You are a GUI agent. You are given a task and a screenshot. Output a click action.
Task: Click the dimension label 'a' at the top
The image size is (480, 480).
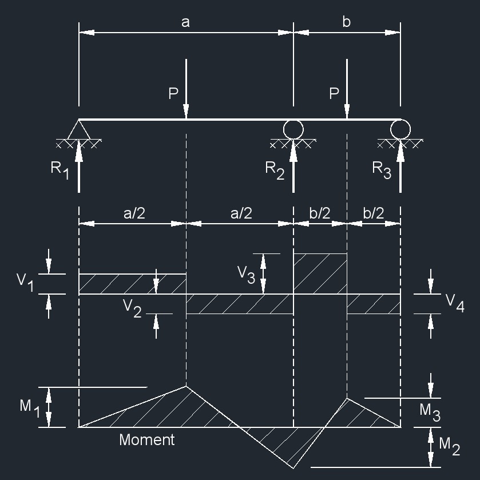(185, 22)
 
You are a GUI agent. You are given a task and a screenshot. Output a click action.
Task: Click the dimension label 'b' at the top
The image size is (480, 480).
(346, 22)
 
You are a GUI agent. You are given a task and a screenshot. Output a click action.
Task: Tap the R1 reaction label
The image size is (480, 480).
(59, 170)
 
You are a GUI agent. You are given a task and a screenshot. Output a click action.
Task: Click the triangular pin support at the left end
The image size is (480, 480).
(79, 130)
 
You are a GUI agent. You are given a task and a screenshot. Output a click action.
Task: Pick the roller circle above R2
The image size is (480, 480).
(293, 129)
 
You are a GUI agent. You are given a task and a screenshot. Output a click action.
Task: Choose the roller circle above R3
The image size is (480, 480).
(400, 129)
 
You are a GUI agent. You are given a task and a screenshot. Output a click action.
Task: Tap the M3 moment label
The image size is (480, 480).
(429, 412)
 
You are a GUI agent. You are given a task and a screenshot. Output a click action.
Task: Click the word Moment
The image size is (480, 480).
(146, 440)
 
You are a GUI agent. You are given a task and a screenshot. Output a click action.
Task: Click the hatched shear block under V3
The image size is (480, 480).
(320, 274)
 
